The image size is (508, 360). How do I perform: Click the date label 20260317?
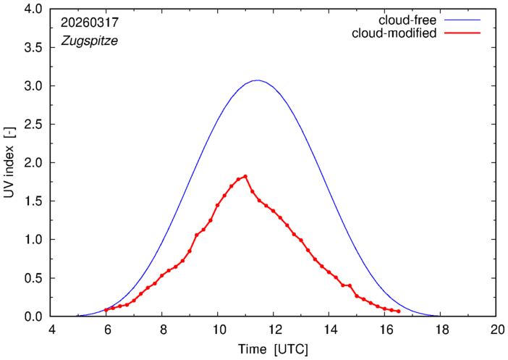[x=90, y=22]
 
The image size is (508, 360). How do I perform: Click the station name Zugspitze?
[x=89, y=41]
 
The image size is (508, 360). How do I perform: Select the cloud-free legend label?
[x=407, y=20]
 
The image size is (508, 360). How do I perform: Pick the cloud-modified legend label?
[x=394, y=33]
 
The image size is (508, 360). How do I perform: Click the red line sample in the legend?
[x=462, y=33]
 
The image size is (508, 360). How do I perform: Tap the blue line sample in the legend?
[x=462, y=20]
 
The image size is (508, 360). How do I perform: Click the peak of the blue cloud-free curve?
[x=257, y=80]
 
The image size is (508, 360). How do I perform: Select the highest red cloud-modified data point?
[x=245, y=177]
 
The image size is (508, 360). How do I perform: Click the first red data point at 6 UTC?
[x=106, y=310]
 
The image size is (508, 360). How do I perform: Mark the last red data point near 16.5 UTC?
[x=399, y=311]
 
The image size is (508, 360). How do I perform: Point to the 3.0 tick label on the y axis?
[x=33, y=86]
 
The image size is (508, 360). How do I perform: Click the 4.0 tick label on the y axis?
[x=33, y=9]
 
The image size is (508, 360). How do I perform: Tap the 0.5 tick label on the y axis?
[x=33, y=278]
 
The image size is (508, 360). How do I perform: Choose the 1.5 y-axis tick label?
[x=33, y=201]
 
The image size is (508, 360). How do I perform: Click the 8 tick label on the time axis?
[x=164, y=330]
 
